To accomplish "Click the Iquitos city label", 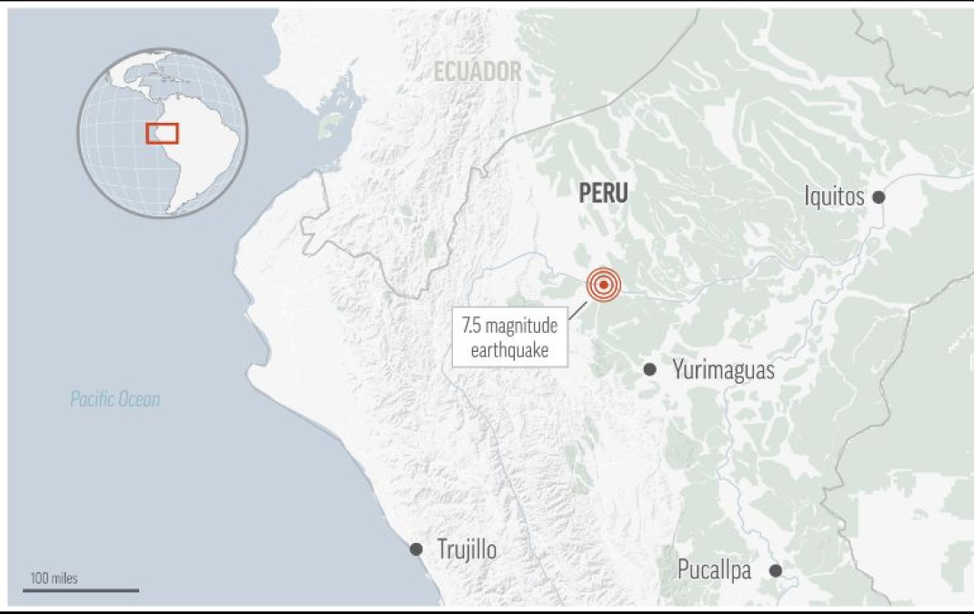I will pos(834,196).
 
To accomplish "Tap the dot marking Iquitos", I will pos(879,196).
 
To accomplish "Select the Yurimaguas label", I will pos(723,369).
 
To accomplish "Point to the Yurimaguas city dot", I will pos(649,369).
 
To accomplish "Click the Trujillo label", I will pos(467,549).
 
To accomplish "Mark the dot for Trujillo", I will pos(416,549).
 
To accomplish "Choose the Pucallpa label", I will pos(714,570).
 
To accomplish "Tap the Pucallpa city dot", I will pos(776,570).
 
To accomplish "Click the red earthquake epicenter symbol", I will pos(603,285).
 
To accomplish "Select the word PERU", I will pos(603,193).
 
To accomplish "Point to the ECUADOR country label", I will pos(477,72).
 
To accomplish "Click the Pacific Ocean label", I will pos(115,398).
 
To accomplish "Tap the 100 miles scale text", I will pos(54,579).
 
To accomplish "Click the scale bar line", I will pos(81,590).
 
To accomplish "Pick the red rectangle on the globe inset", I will pos(163,134).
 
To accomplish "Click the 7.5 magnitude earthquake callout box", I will pos(509,337).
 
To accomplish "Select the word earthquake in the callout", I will pos(509,350).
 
